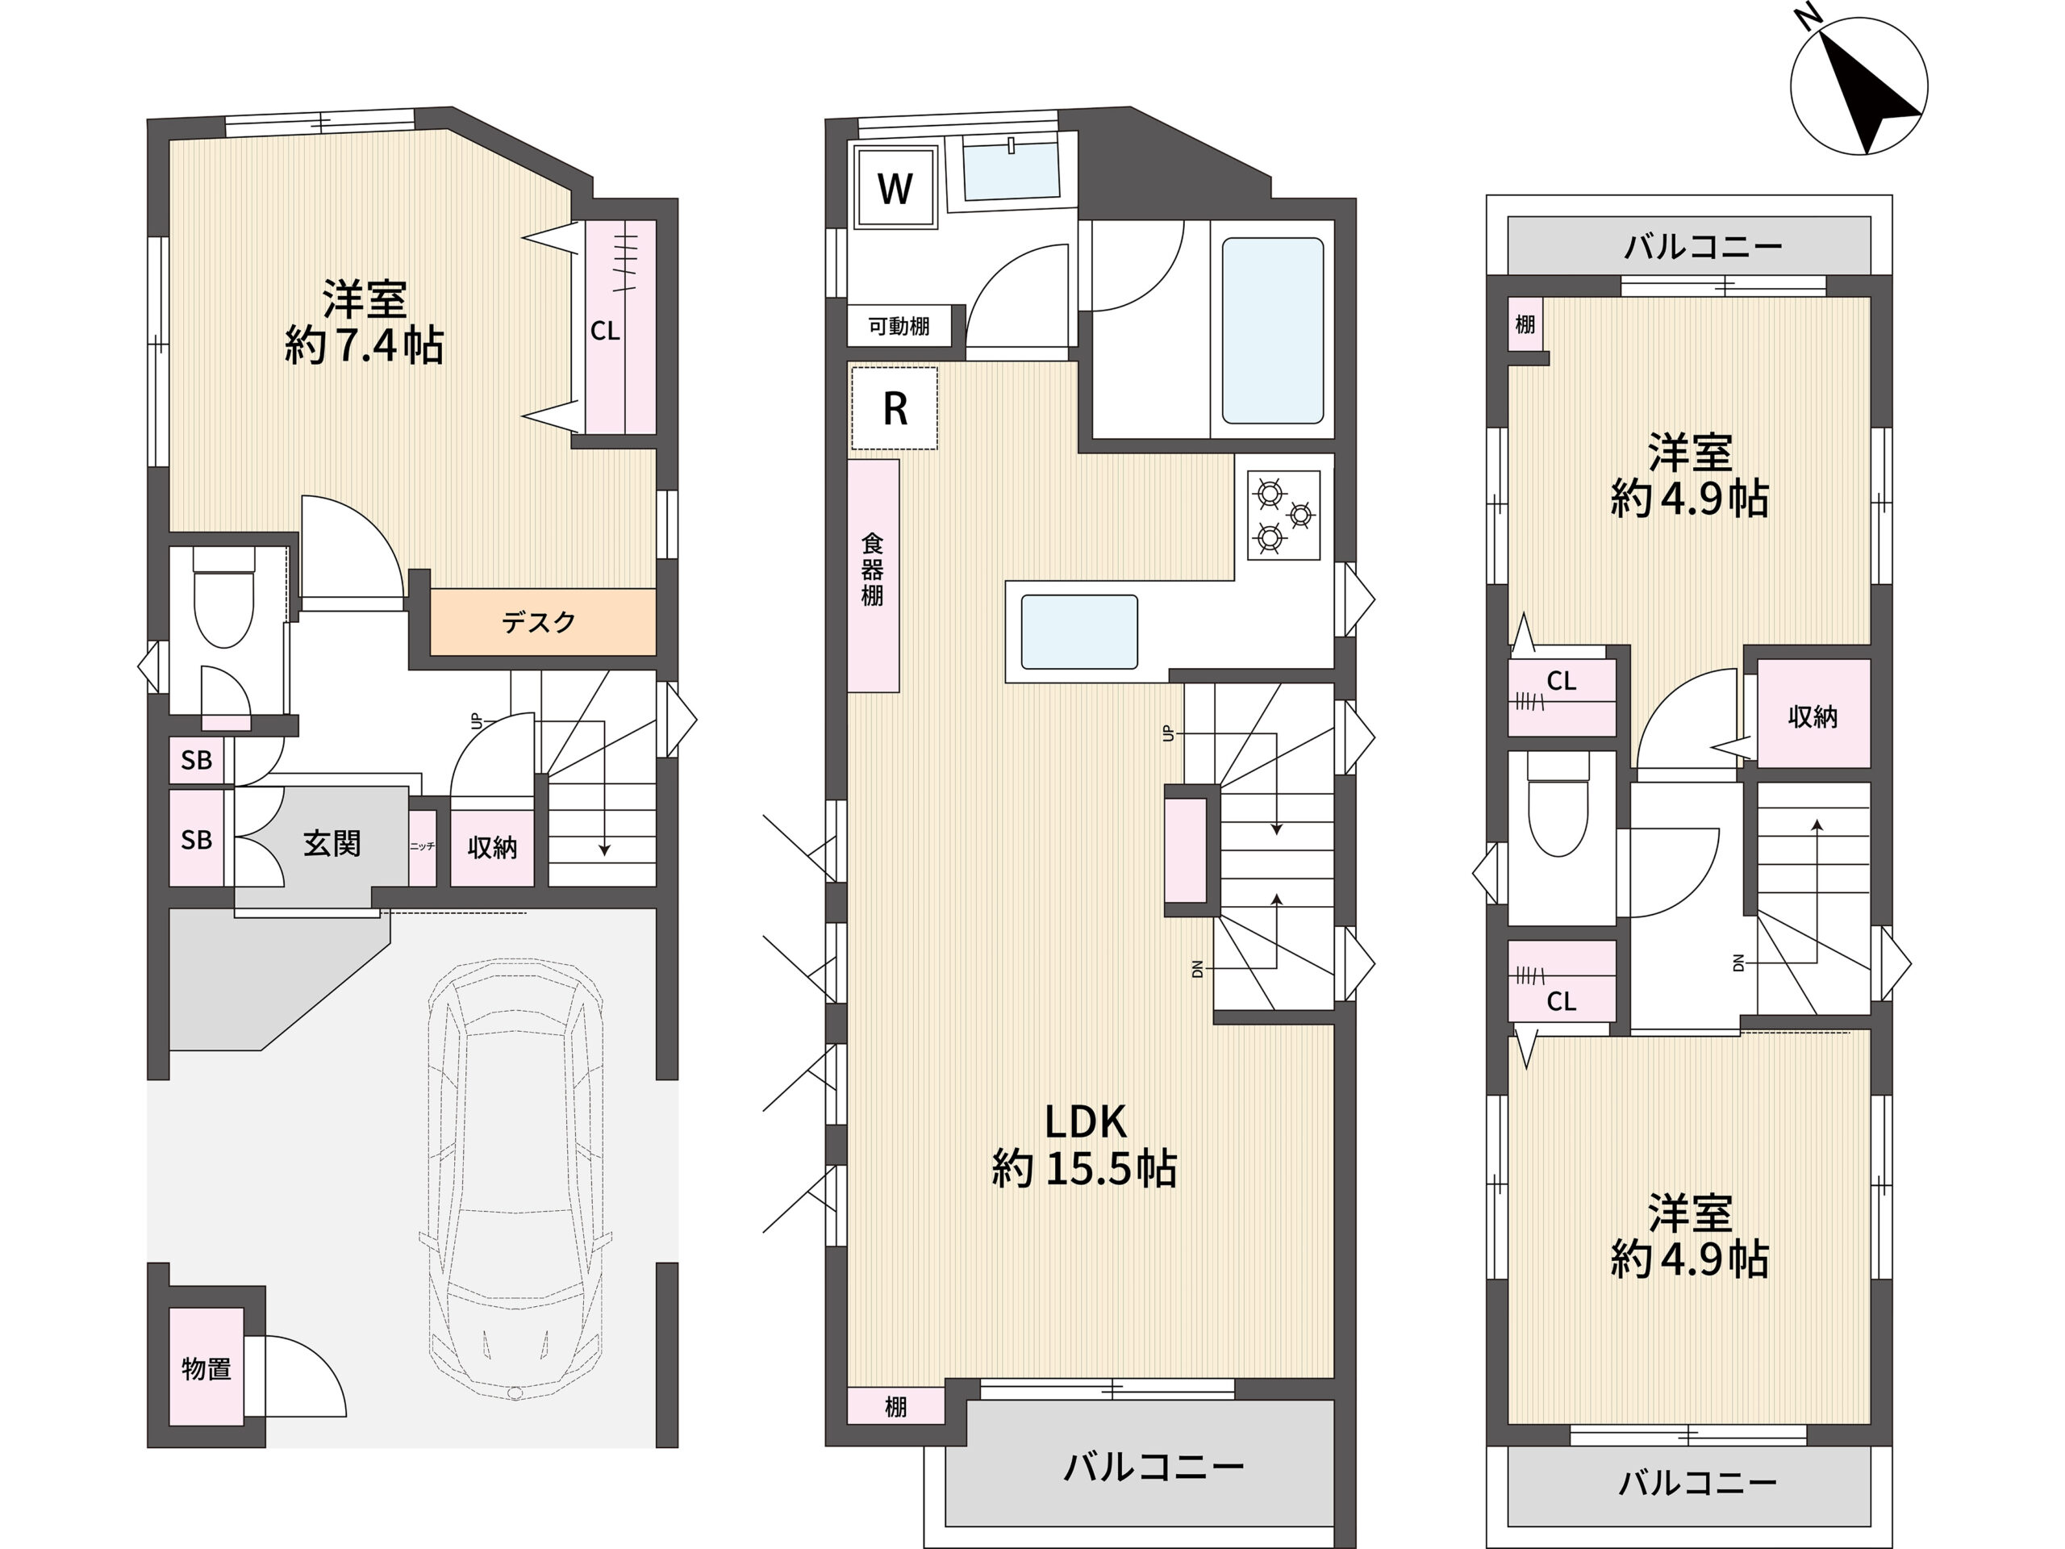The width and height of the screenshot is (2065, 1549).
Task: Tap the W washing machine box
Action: (895, 189)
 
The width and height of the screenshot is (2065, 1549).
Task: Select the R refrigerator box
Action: (895, 408)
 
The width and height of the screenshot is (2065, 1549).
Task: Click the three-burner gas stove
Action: (1283, 515)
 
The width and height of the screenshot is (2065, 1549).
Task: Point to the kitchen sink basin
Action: (1079, 633)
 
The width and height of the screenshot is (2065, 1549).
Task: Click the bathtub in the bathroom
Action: (1272, 331)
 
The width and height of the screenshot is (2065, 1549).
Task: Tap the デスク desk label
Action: (539, 622)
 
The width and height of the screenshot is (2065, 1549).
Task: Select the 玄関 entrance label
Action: (332, 843)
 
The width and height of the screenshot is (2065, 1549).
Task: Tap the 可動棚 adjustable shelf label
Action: (898, 326)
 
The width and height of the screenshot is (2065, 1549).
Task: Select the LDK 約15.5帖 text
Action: (1085, 1145)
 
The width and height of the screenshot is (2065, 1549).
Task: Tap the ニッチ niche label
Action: (422, 846)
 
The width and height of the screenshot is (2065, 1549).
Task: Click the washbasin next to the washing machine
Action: (1010, 172)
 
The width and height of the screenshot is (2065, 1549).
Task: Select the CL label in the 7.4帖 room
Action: (605, 331)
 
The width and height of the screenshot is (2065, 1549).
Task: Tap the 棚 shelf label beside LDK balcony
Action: (895, 1406)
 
